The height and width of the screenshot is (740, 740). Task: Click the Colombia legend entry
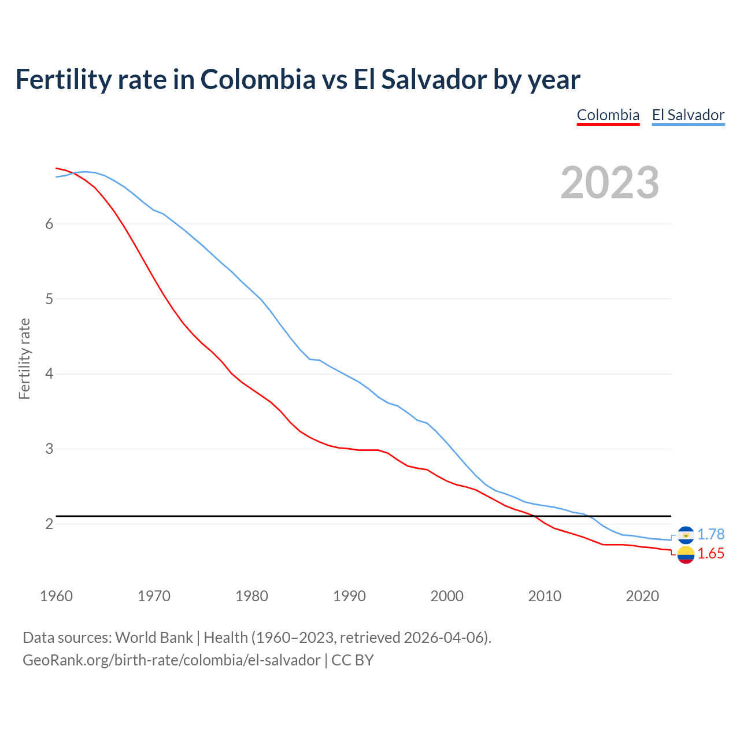608,115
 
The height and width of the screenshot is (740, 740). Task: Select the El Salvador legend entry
688,115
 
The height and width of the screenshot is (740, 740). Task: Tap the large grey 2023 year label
610,183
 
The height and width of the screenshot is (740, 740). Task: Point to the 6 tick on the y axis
49,224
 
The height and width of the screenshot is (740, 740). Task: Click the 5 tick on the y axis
49,299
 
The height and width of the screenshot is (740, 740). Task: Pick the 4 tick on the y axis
49,374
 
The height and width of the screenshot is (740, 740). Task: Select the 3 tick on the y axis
49,449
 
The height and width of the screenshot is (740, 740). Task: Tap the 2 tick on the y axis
49,524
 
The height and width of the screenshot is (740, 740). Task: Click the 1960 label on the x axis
56,596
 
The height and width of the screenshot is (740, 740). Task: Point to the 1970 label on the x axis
154,596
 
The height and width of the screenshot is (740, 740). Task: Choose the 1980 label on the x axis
251,596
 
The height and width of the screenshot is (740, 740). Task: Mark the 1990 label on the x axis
349,596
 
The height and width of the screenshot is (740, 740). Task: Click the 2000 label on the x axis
447,596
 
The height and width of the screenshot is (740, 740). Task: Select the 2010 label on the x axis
545,596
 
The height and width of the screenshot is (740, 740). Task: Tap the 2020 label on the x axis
642,596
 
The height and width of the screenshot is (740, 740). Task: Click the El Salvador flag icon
686,535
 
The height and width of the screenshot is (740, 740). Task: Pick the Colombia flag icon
686,554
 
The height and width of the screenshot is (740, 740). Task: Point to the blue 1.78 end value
711,535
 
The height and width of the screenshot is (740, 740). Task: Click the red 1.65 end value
711,554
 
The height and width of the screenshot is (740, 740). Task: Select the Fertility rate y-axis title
24,358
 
